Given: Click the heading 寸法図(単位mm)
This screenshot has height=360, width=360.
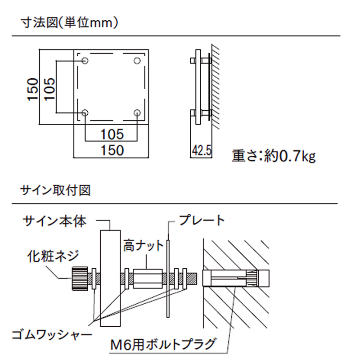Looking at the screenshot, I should pos(69,22).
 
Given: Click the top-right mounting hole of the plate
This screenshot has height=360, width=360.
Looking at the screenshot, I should pos(137,60).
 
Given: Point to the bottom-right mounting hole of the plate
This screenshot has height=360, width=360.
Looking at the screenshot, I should pos(137,112).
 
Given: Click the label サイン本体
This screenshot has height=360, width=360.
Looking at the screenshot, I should pos(54,221).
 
